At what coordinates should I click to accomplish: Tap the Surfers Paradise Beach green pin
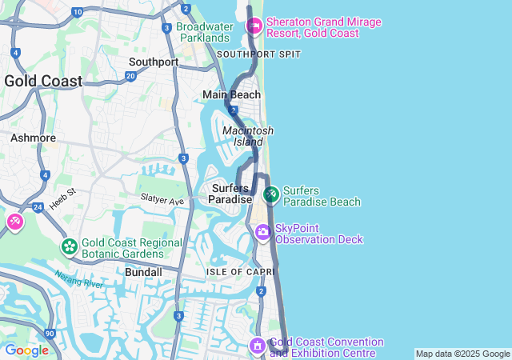[x=271, y=194]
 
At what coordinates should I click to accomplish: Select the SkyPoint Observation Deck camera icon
[x=263, y=232]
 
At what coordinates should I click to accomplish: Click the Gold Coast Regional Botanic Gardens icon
[x=70, y=246]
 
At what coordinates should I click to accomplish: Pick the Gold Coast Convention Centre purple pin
[x=257, y=346]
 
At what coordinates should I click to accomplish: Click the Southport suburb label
[x=154, y=62]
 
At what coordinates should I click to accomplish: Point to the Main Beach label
[x=231, y=94]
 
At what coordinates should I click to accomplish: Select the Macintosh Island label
[x=248, y=136]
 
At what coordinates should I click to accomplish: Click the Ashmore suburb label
[x=33, y=138]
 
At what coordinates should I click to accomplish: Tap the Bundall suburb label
[x=144, y=272]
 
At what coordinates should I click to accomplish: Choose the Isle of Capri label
[x=235, y=272]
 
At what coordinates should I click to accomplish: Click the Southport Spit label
[x=258, y=54]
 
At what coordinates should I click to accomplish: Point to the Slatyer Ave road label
[x=162, y=198]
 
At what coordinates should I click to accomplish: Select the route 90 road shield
[x=50, y=333]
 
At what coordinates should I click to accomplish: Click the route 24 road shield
[x=38, y=207]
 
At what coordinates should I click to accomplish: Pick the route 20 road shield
[x=130, y=76]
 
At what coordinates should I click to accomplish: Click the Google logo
[x=26, y=350]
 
